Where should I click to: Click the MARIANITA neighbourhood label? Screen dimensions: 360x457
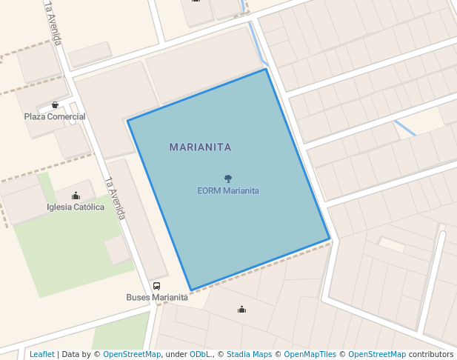200,147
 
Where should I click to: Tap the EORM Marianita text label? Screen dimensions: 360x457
228,190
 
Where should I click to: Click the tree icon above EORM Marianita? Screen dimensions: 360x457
228,179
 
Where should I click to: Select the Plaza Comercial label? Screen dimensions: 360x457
55,116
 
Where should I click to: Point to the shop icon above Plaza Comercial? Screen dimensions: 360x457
55,105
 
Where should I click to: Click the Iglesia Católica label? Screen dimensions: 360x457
76,207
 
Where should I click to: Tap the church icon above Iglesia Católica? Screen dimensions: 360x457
76,196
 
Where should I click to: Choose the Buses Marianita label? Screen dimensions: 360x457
156,298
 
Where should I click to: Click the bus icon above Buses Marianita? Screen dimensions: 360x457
156,286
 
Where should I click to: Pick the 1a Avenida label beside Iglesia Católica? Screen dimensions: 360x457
115,198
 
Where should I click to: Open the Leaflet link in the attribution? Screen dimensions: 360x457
42,354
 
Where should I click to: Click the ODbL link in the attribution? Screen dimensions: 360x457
200,354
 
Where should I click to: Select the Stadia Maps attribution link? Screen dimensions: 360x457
249,354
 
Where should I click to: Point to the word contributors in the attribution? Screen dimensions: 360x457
431,354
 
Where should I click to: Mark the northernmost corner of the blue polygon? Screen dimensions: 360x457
266,69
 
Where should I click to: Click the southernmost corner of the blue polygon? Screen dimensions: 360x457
191,290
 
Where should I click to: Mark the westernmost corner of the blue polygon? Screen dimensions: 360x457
127,120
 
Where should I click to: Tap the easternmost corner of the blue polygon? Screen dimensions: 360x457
330,239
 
